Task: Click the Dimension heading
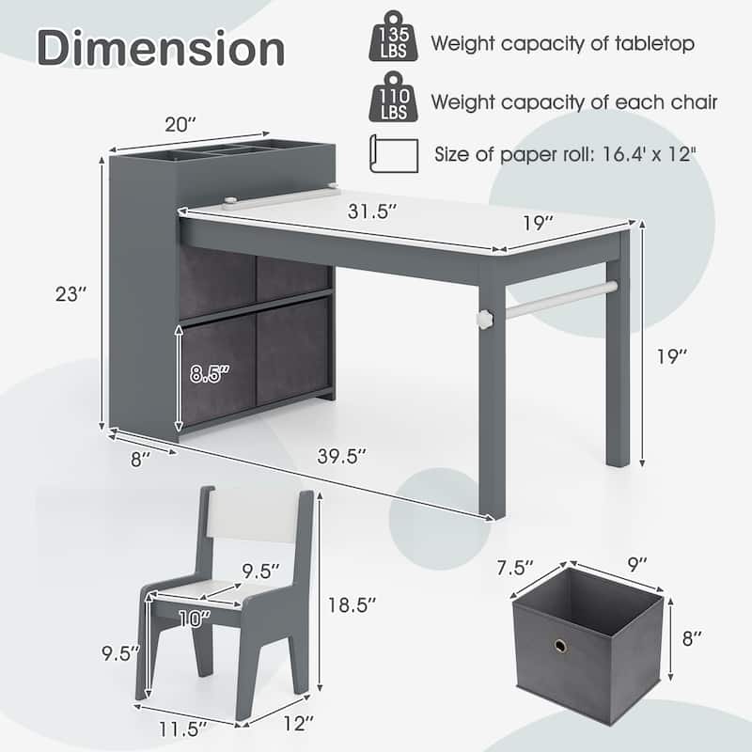[161, 48]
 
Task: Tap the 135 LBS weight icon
[393, 38]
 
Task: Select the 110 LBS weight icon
[393, 97]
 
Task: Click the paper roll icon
[394, 154]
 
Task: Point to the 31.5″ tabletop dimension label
[372, 211]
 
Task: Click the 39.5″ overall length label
[342, 456]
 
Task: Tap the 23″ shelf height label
[71, 294]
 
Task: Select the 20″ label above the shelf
[180, 125]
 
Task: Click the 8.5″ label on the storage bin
[210, 374]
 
